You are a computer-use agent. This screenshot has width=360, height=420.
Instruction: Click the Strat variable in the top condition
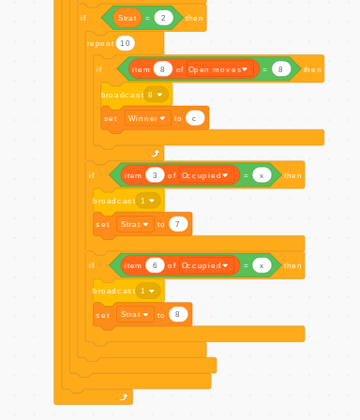coord(127,18)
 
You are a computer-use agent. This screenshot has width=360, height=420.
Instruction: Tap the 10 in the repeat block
coord(125,43)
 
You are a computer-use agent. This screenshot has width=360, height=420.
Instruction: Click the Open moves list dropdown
coord(221,69)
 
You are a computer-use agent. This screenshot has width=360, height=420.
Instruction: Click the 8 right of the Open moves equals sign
coord(278,69)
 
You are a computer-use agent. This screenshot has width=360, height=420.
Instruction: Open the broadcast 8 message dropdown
coord(156,95)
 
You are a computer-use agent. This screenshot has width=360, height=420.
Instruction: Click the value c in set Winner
coord(194,118)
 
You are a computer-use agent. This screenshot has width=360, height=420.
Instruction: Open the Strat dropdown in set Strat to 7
coord(136,224)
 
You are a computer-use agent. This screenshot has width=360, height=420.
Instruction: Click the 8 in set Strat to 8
coord(177,315)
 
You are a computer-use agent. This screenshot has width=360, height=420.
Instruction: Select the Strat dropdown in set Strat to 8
coord(136,315)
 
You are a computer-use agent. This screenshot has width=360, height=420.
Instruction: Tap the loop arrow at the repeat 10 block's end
coord(155,152)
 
